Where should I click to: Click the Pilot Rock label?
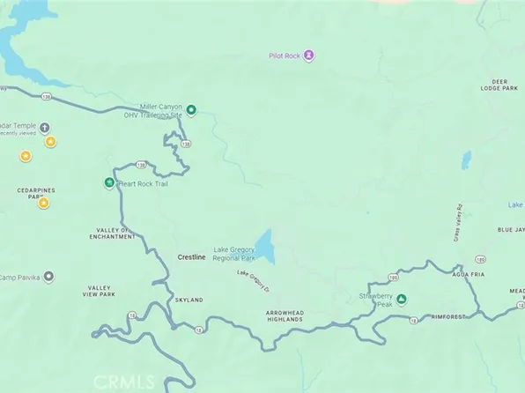coord(286,56)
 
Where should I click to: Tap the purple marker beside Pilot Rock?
coord(309,56)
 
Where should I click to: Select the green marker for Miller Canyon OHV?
coord(191,110)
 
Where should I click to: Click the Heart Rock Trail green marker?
coord(109,183)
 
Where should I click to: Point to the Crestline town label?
coord(191,256)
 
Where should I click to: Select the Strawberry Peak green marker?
coord(402,300)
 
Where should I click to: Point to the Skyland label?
coord(189,300)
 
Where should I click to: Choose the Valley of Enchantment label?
coord(115,233)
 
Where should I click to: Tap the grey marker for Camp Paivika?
coord(48,278)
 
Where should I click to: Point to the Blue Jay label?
coord(510,230)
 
